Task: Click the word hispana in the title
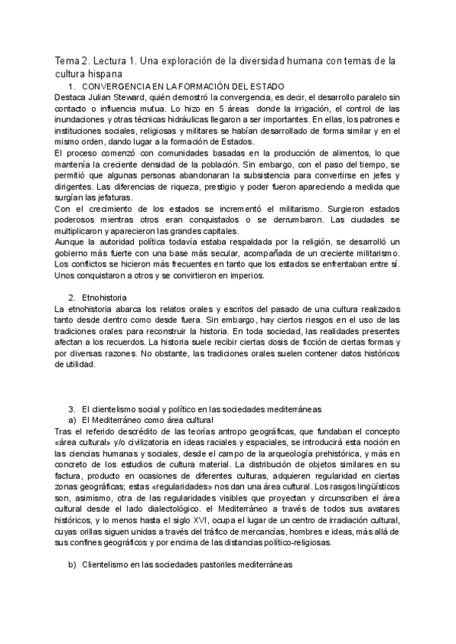pyautogui.click(x=103, y=74)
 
